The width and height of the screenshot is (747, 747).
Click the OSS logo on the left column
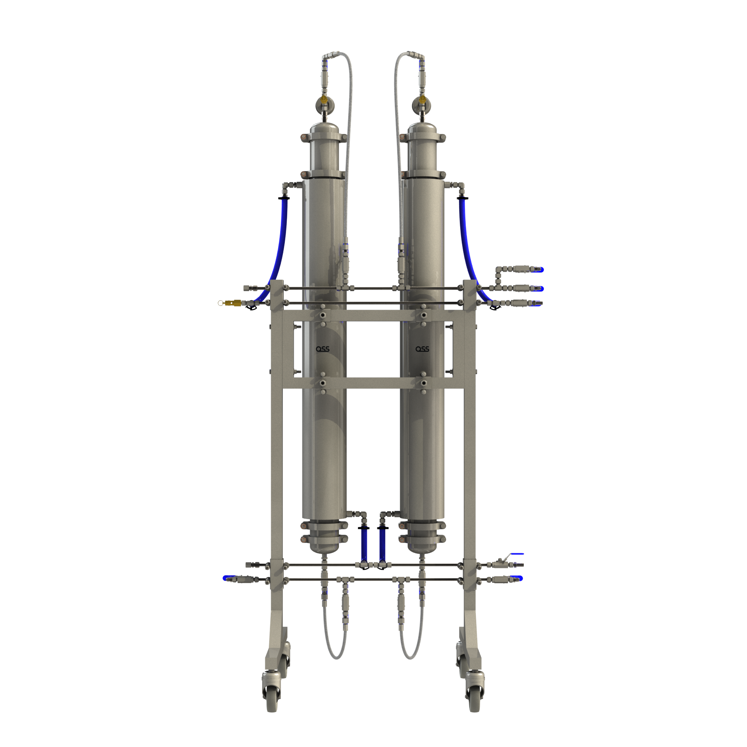[x=323, y=349]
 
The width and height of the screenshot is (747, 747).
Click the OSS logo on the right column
[x=422, y=349]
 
